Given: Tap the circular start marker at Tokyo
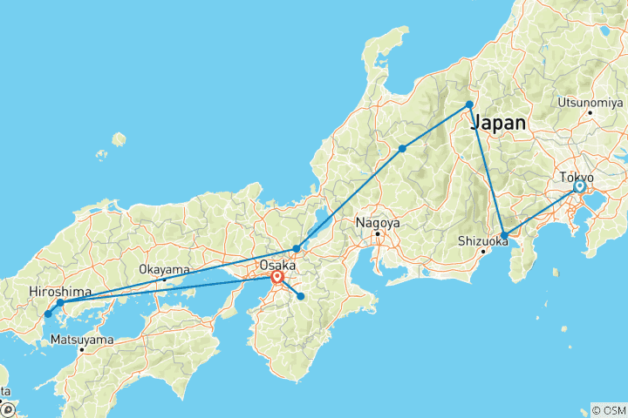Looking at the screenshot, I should point(579,186).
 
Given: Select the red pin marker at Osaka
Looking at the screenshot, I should point(276,279).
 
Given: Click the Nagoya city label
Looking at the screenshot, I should point(377,223).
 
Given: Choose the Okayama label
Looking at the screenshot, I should point(164,270).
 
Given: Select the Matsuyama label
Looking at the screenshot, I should point(80,339).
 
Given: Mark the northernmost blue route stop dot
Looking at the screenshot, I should point(470,104).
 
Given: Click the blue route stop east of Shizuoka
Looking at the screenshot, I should point(504,236).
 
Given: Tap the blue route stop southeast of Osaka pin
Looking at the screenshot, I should point(301,297).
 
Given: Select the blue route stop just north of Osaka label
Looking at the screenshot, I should point(297,249).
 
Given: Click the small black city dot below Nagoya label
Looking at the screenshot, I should point(378,233).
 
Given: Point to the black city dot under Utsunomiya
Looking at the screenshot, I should point(590,112).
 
